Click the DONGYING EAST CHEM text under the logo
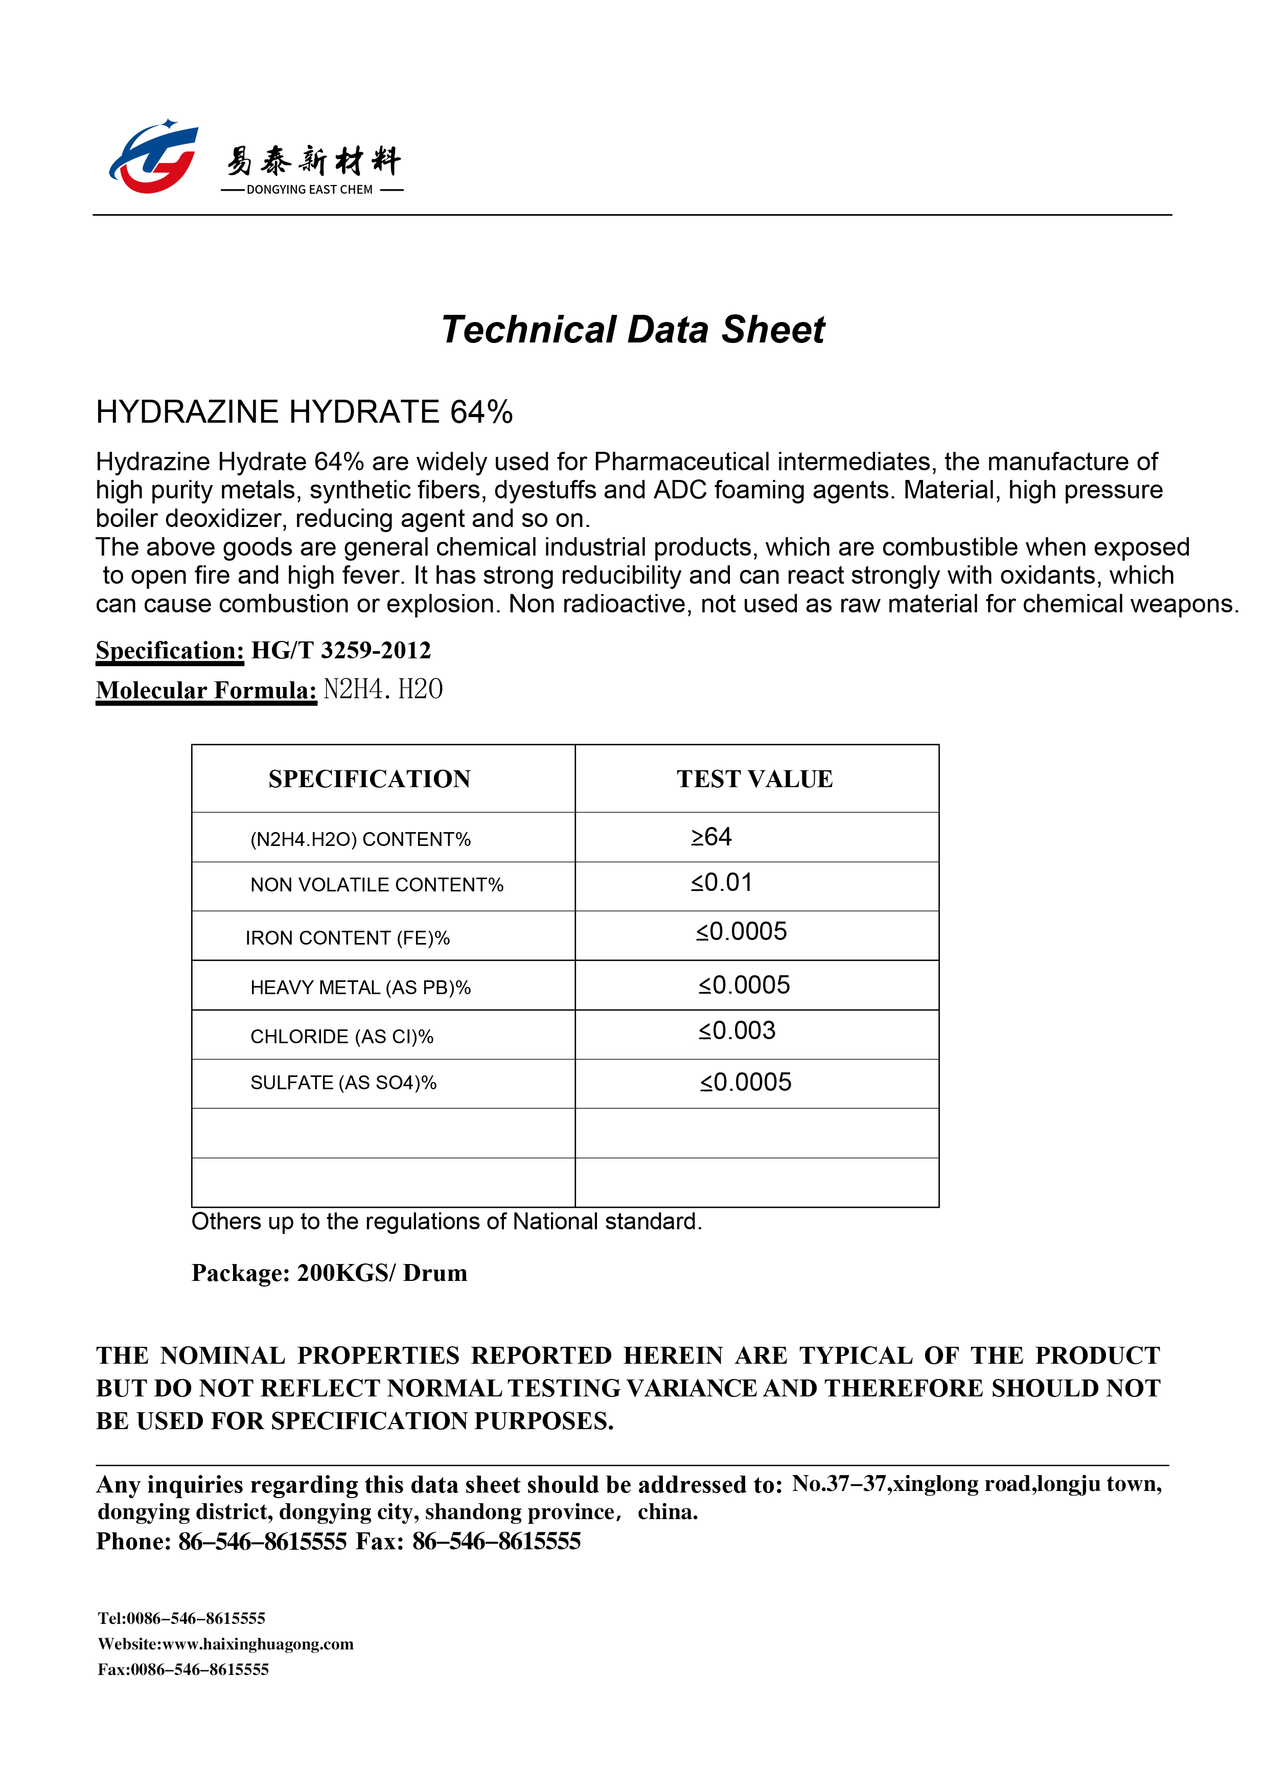[x=310, y=190]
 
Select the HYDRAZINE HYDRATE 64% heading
[x=304, y=412]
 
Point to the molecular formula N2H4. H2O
[x=383, y=690]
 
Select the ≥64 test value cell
[x=711, y=837]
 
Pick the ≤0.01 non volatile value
[x=722, y=883]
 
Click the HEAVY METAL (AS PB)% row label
[x=360, y=988]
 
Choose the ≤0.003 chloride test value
[x=738, y=1031]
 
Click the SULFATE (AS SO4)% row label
[x=343, y=1083]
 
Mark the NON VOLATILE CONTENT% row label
[x=377, y=885]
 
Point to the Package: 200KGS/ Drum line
[x=329, y=1273]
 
